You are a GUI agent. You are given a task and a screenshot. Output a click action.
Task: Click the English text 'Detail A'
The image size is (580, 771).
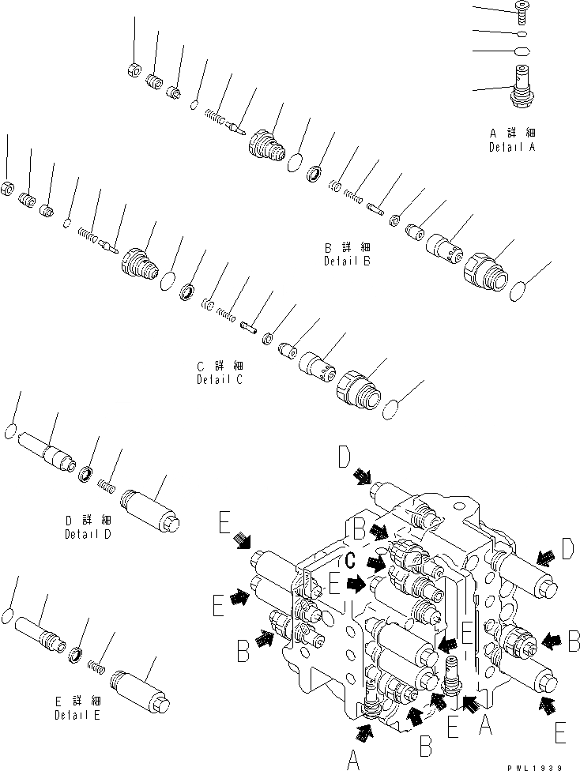pos(511,148)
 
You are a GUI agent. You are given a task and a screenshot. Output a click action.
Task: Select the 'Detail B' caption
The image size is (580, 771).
pos(347,261)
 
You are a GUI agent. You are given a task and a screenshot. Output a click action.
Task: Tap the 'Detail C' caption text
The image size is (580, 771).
pos(220,379)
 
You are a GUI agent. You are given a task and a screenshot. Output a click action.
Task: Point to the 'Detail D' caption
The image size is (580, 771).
pos(89,533)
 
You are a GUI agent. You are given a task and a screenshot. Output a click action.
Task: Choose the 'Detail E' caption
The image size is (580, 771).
pos(77,715)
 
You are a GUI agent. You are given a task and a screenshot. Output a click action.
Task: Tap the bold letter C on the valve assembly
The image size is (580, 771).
pos(352,560)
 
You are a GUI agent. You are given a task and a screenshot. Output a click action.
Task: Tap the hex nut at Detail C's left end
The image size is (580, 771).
pos(6,190)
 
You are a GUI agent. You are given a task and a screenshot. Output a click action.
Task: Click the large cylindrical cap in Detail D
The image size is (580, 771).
pos(150,506)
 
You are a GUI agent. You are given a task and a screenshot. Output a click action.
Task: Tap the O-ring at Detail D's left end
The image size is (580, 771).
pos(10,431)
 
